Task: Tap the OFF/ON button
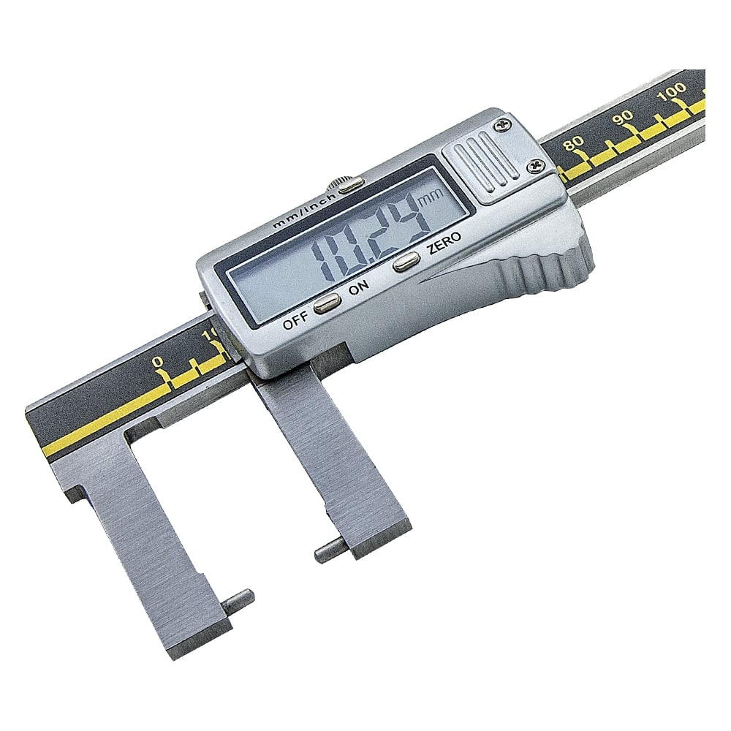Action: click(x=327, y=303)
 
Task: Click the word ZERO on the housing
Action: click(x=444, y=243)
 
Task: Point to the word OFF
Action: click(x=295, y=322)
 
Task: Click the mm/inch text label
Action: click(x=305, y=211)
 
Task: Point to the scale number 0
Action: click(x=159, y=361)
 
